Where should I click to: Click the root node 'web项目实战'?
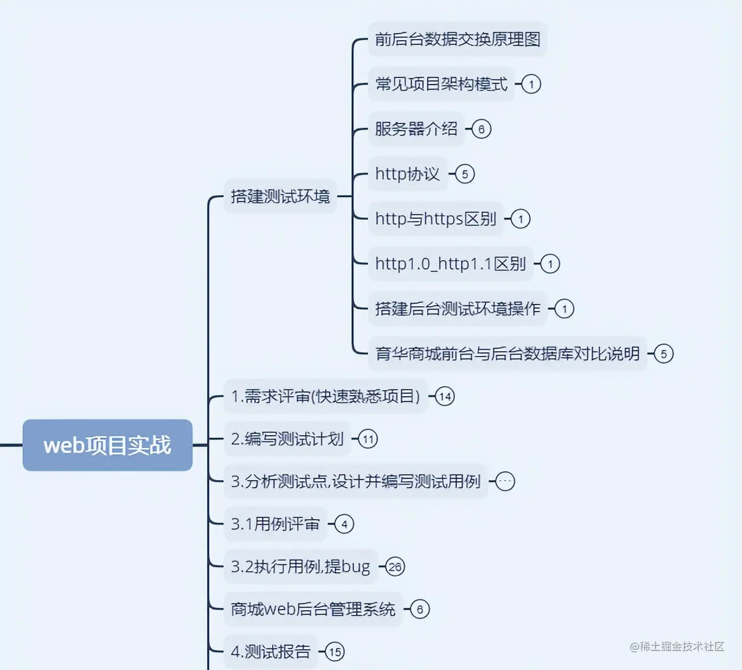107,445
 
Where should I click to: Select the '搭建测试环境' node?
280,196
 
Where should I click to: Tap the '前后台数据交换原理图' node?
457,39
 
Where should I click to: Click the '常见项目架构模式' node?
441,84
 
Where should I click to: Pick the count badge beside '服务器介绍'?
481,129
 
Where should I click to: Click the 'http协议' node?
407,174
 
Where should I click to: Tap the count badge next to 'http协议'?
464,174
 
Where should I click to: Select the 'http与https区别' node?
435,219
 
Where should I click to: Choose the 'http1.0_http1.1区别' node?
450,264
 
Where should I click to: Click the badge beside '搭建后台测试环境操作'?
564,309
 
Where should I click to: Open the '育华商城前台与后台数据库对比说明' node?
507,354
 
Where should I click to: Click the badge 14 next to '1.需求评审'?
444,396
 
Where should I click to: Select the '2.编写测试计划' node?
287,439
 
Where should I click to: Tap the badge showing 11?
367,439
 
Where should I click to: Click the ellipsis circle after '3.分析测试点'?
505,481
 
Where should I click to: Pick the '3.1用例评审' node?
275,524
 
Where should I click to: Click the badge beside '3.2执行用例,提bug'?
395,567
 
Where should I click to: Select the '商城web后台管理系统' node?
313,609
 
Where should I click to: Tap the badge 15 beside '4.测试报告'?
334,652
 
